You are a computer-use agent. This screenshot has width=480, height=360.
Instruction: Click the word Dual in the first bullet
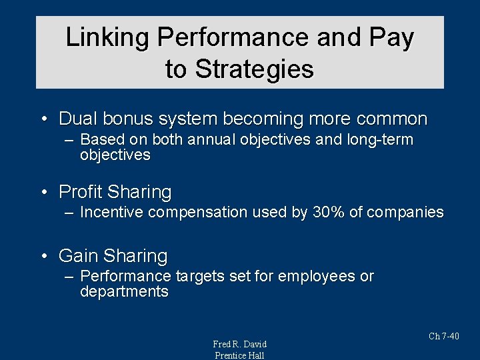coord(75,119)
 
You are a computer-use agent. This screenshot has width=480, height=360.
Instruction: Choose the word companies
coord(405,213)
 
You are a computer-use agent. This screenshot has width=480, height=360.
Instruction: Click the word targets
coord(200,276)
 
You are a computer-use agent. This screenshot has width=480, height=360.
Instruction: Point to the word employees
coord(317,276)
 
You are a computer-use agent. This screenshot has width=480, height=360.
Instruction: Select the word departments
coord(124,292)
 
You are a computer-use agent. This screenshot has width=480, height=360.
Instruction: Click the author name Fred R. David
coord(239,344)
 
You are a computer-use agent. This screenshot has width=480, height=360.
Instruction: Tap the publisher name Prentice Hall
coord(239,355)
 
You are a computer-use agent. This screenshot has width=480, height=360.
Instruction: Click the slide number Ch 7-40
coord(444,336)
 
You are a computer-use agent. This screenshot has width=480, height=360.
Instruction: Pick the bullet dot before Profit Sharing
coord(43,193)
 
